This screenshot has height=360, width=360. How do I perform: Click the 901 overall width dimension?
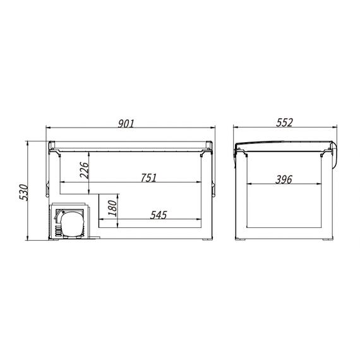tap(126, 123)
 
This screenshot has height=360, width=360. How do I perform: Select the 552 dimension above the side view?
tap(284, 123)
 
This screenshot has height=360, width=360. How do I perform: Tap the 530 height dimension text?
tap(23, 192)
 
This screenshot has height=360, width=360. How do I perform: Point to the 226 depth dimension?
tap(84, 170)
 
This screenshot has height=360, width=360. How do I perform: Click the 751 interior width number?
tap(148, 177)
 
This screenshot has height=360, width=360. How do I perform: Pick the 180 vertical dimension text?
tap(112, 208)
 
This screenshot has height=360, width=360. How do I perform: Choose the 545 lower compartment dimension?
tap(159, 215)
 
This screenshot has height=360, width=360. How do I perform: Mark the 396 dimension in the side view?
tap(284, 179)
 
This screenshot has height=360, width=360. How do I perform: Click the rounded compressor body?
tap(71, 224)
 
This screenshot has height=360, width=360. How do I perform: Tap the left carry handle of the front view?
tap(47, 189)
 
